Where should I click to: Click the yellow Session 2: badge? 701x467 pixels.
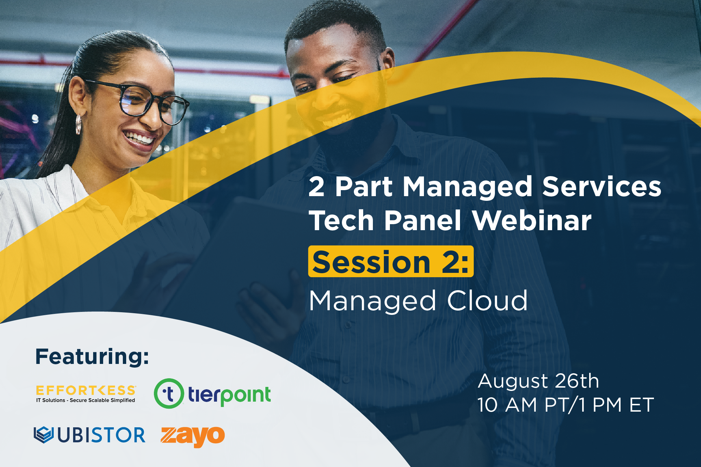tap(391, 261)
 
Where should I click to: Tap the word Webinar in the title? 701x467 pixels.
tap(532, 220)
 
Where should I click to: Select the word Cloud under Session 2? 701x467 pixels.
tap(487, 301)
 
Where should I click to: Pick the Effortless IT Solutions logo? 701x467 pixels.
tap(86, 394)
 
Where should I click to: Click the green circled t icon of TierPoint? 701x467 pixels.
tap(169, 394)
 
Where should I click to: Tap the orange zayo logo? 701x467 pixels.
tap(193, 436)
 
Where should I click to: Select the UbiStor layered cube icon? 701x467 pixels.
tap(44, 435)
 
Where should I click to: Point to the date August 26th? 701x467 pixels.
tap(538, 381)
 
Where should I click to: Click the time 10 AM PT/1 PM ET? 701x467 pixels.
tap(565, 405)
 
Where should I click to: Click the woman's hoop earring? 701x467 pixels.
tap(78, 124)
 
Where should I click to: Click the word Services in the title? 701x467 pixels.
tap(602, 186)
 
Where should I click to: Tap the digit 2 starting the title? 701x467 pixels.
tap(316, 186)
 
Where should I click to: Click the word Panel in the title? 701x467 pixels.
tap(423, 220)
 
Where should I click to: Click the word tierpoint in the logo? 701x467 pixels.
tap(229, 396)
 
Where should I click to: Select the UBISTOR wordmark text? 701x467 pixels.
tap(101, 435)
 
